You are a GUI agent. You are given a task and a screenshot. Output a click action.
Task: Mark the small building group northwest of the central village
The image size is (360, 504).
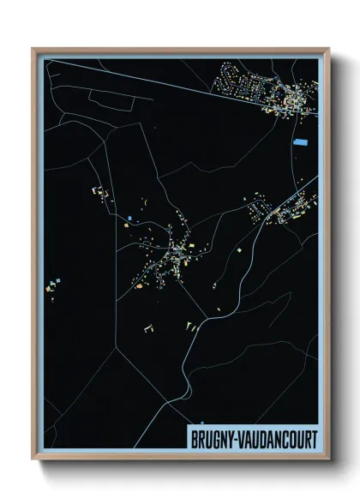click(103, 194)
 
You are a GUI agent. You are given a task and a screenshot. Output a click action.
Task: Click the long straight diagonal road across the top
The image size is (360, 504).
click(146, 77)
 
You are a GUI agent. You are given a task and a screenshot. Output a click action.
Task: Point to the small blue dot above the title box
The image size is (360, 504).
click(199, 423)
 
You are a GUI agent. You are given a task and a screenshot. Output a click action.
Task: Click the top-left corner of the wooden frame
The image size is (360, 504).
click(33, 48)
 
